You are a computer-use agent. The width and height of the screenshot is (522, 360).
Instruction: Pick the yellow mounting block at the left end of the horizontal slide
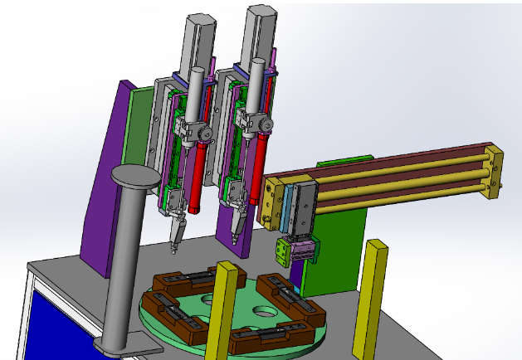(x=271, y=202)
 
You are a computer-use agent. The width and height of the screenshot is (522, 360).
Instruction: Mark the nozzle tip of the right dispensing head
(x=236, y=235)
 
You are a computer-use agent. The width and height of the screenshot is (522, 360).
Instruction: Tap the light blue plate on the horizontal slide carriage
(x=290, y=205)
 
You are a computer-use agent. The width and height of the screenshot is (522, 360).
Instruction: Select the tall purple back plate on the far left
(x=105, y=182)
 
